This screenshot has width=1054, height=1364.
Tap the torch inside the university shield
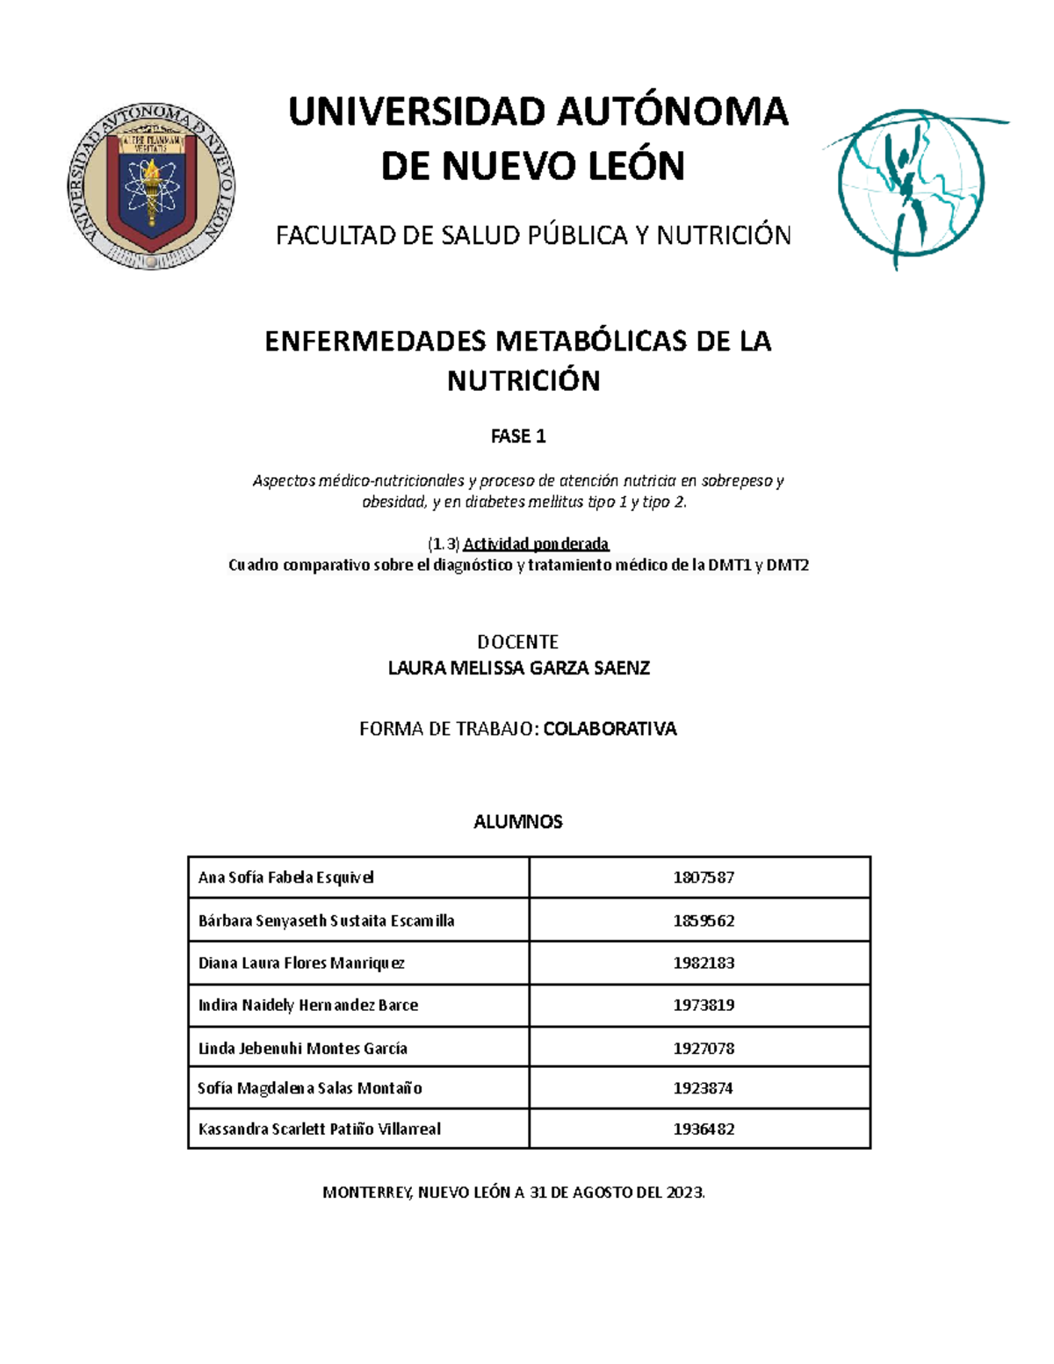point(152,189)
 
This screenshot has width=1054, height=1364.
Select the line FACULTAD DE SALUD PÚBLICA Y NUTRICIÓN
point(533,235)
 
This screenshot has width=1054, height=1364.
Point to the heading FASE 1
point(518,436)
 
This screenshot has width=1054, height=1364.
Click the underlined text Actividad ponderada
point(536,544)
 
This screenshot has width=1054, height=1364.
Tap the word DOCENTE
point(517,642)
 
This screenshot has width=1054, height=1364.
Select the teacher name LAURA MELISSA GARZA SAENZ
point(518,668)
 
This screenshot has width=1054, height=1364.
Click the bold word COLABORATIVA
point(610,729)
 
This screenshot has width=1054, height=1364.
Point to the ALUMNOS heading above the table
point(517,822)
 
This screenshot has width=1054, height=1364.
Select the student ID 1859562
point(704,920)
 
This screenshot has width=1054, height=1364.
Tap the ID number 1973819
point(704,1005)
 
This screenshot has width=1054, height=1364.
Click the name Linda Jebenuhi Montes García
point(303,1048)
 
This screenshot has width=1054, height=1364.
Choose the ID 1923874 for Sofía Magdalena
point(704,1088)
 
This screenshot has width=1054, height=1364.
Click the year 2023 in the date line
point(684,1193)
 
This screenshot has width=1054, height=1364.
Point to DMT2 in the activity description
point(787,566)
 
